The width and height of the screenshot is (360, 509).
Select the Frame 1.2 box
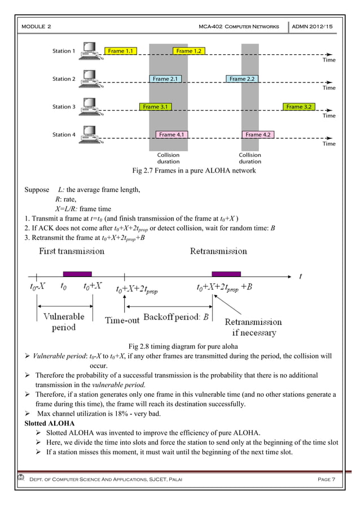pos(188,51)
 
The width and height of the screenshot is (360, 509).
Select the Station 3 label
pos(64,107)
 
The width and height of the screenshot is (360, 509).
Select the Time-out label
pos(122,320)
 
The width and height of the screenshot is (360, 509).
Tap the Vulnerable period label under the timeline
pos(64,322)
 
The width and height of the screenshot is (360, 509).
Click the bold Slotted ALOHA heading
pos(50,422)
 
